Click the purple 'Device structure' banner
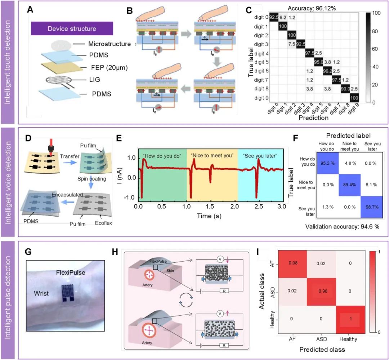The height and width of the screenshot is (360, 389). click(x=72, y=28)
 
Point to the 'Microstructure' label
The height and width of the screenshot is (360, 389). click(x=109, y=44)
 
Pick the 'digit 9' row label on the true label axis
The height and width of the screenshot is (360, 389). click(x=259, y=97)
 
